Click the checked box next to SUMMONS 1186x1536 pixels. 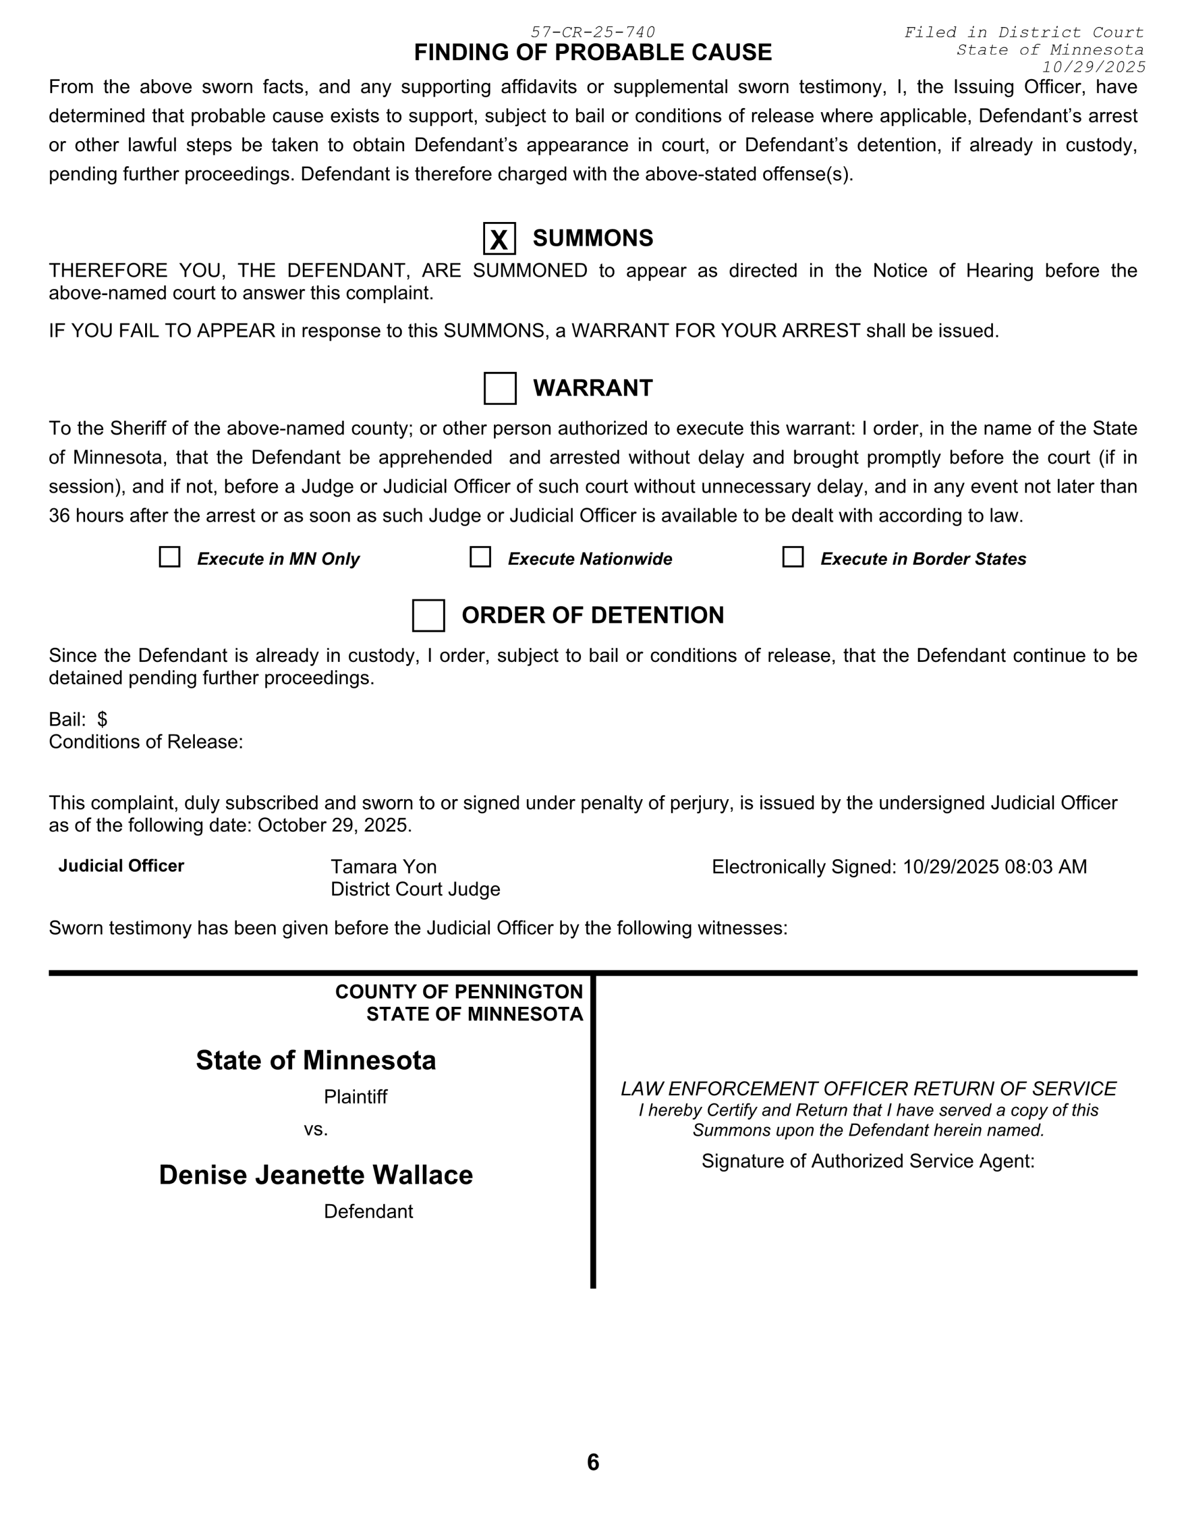(499, 238)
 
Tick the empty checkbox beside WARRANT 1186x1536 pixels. (500, 388)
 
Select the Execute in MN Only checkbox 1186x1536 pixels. (170, 557)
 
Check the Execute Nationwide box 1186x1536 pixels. (480, 557)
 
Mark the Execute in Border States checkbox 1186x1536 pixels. (793, 557)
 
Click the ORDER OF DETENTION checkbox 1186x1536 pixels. (428, 616)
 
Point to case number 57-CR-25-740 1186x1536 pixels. (592, 32)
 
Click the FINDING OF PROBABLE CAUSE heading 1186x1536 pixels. (592, 53)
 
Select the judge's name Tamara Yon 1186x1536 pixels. (384, 866)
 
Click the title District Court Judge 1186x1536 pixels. (416, 889)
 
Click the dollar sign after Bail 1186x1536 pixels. (103, 719)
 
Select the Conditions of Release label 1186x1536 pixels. (146, 742)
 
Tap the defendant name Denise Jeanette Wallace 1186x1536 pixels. (315, 1175)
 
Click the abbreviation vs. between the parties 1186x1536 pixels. (315, 1129)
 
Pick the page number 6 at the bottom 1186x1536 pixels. (592, 1462)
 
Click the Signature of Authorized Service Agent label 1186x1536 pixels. (868, 1161)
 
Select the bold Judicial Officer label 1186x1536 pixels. (121, 866)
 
